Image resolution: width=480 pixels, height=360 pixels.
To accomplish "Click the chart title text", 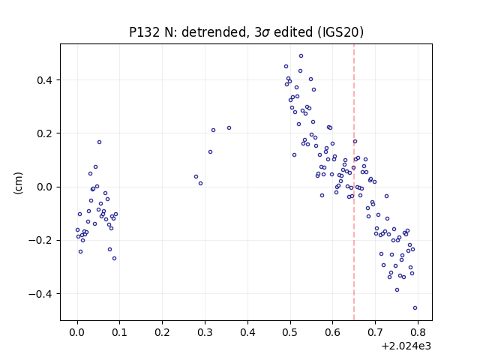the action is pyautogui.click(x=246, y=31).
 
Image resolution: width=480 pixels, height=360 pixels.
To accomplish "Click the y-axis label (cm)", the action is pyautogui.click(x=18, y=183).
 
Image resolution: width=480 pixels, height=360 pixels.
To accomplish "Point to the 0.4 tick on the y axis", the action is pyautogui.click(x=45, y=80).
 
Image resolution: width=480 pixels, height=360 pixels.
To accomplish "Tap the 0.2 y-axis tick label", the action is pyautogui.click(x=45, y=133).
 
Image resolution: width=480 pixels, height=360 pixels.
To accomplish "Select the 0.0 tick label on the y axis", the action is pyautogui.click(x=45, y=187).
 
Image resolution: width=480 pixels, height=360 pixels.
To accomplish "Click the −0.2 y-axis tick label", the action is pyautogui.click(x=40, y=241).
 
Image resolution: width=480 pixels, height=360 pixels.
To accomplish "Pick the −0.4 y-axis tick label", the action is pyautogui.click(x=40, y=294).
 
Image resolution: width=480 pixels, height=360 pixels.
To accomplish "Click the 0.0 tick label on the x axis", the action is pyautogui.click(x=77, y=332).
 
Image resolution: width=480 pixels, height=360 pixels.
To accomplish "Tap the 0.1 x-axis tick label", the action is pyautogui.click(x=120, y=332).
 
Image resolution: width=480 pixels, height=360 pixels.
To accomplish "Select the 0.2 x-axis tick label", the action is pyautogui.click(x=162, y=332).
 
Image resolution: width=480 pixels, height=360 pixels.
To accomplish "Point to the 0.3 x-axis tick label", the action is pyautogui.click(x=205, y=332).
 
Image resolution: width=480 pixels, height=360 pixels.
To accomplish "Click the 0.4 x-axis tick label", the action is pyautogui.click(x=247, y=332).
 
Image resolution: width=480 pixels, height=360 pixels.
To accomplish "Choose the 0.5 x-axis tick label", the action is pyautogui.click(x=290, y=332).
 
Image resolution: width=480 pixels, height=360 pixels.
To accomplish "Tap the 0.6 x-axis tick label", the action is pyautogui.click(x=332, y=332).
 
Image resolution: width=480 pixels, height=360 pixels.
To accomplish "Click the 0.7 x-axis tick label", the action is pyautogui.click(x=375, y=332).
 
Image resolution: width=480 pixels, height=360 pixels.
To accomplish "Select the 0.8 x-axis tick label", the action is pyautogui.click(x=418, y=332).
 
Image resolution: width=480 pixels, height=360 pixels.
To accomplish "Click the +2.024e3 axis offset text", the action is pyautogui.click(x=406, y=346).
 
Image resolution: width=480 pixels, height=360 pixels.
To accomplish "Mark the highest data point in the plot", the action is pyautogui.click(x=301, y=56).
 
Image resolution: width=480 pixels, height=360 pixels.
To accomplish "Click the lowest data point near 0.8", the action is pyautogui.click(x=415, y=308).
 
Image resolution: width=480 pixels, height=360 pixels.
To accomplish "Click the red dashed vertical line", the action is pyautogui.click(x=354, y=182).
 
